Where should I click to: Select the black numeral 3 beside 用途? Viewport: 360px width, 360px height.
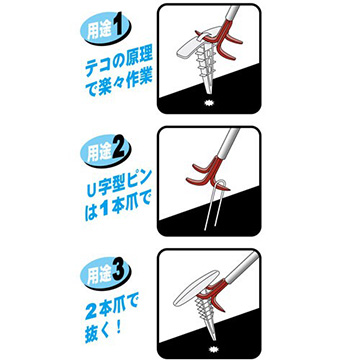120,273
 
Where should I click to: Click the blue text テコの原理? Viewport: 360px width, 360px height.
119,64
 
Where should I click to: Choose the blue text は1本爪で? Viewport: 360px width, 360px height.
118,207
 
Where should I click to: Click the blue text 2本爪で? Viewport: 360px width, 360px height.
112,308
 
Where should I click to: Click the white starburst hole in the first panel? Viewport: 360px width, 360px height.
209,104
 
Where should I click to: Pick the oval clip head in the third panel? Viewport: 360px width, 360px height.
196,289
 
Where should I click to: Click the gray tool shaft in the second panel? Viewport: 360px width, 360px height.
228,143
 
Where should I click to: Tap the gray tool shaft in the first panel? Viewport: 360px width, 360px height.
232,15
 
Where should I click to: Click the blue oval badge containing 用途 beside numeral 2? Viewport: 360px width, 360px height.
99,152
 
